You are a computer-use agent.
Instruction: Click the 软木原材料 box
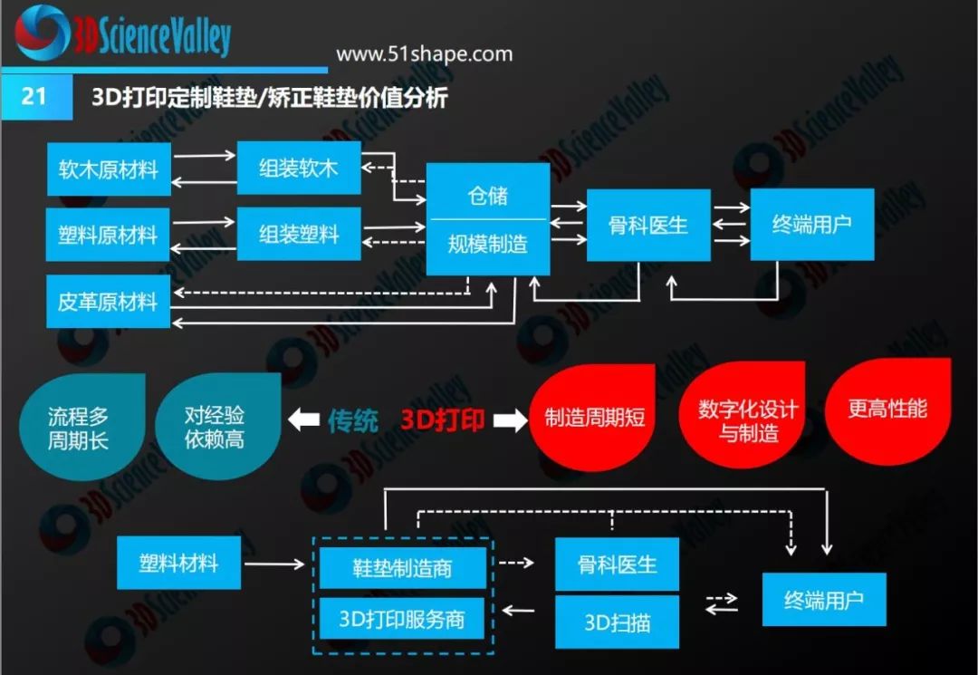pyautogui.click(x=109, y=169)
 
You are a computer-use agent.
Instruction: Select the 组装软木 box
pyautogui.click(x=299, y=168)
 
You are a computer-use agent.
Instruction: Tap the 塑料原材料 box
pyautogui.click(x=109, y=235)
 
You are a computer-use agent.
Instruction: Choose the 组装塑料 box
pyautogui.click(x=299, y=235)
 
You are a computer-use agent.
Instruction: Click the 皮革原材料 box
pyautogui.click(x=109, y=302)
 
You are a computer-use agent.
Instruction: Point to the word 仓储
pyautogui.click(x=488, y=195)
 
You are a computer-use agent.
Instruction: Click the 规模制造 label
pyautogui.click(x=488, y=244)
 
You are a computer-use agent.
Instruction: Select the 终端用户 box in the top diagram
pyautogui.click(x=811, y=225)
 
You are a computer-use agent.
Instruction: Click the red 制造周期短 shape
pyautogui.click(x=594, y=417)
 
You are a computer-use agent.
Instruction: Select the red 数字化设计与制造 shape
pyautogui.click(x=747, y=419)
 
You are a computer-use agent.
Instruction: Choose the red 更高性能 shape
pyautogui.click(x=887, y=409)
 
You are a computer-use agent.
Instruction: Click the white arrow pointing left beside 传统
pyautogui.click(x=305, y=420)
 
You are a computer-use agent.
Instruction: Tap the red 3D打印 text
pyautogui.click(x=443, y=420)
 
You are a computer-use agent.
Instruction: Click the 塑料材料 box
pyautogui.click(x=178, y=563)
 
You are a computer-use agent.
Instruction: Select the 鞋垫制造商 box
pyautogui.click(x=402, y=569)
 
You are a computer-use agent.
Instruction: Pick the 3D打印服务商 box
pyautogui.click(x=402, y=619)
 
